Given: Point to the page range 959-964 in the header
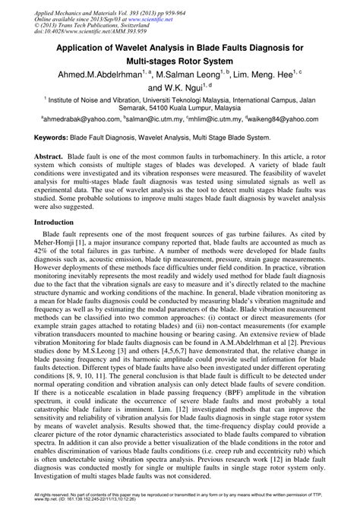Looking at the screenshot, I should click(179, 5).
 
